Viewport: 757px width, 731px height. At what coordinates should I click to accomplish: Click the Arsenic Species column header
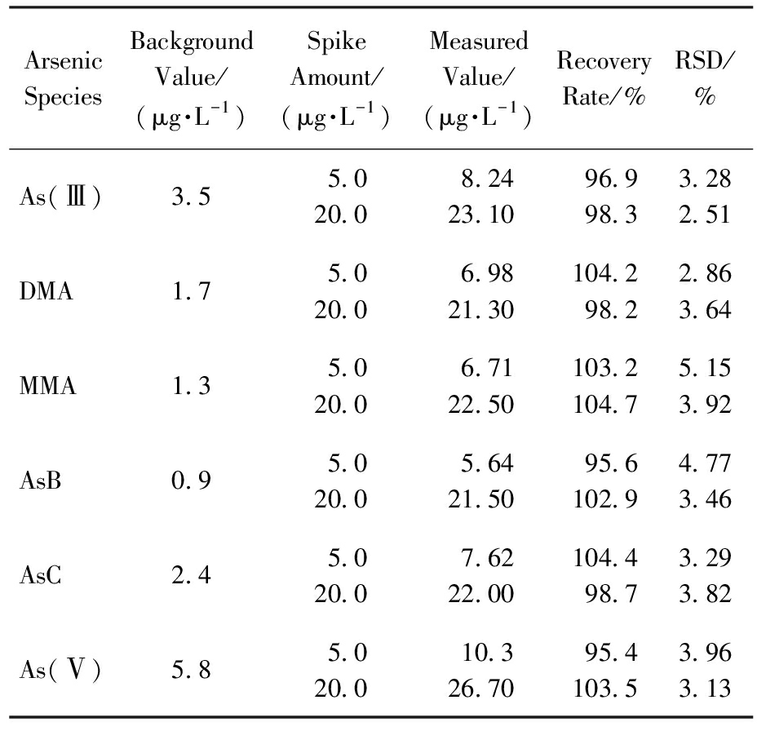pos(64,78)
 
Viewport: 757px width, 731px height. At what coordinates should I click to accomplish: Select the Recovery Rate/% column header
pos(604,78)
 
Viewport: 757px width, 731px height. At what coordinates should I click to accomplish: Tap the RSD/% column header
pos(704,78)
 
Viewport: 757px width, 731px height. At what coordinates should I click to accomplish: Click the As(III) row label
pos(60,197)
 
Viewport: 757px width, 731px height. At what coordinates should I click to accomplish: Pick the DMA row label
pos(46,291)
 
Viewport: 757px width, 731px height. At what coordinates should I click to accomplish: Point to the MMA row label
pos(48,386)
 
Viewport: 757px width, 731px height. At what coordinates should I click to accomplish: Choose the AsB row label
pos(41,481)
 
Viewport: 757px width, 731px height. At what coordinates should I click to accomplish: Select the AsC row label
pos(41,575)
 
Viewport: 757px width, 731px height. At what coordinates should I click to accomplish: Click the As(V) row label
pos(60,670)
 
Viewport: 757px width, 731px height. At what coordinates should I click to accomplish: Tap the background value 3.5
pos(191,197)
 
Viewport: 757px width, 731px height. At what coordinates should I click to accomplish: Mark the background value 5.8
pos(191,670)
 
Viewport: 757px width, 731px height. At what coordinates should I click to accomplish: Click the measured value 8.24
pos(487,179)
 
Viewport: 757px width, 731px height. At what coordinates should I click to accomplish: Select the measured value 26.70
pos(480,689)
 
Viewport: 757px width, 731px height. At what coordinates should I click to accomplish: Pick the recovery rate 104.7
pos(605,405)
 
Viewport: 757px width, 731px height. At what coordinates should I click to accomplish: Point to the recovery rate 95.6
pos(611,463)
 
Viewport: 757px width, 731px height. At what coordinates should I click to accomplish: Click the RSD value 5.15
pos(705,368)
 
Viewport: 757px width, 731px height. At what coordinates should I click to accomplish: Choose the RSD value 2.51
pos(705,215)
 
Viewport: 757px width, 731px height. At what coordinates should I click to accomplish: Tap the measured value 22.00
pos(480,594)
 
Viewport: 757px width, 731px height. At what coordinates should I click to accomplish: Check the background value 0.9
pos(191,481)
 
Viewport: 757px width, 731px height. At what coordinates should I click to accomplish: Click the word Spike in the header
pos(337,42)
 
